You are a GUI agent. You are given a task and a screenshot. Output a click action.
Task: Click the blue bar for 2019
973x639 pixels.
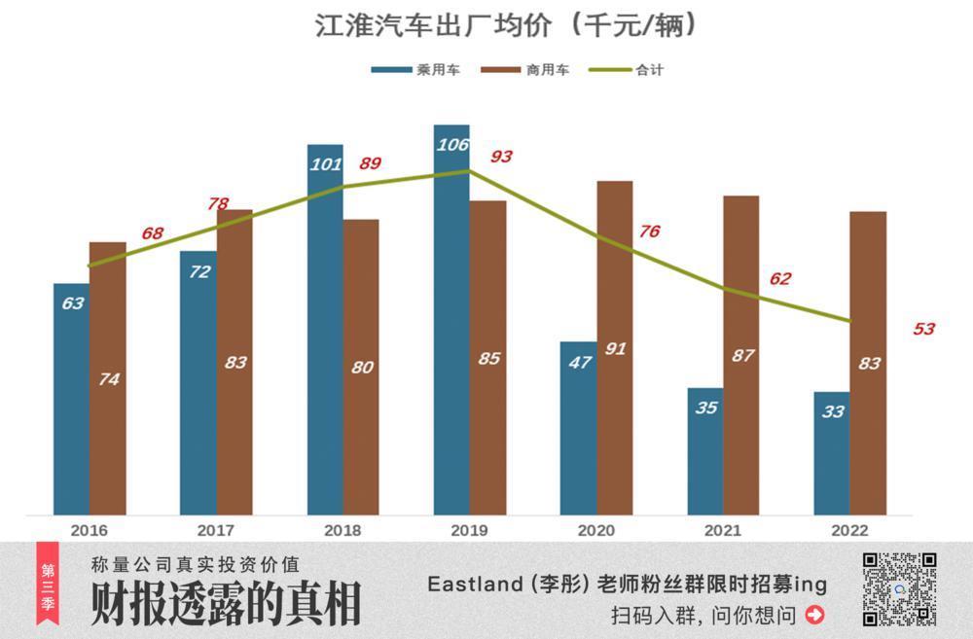451,321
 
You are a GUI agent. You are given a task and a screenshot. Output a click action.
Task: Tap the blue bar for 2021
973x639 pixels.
705,452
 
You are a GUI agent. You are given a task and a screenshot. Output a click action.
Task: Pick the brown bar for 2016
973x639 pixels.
108,379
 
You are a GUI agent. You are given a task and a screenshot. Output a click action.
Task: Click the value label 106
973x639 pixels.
451,145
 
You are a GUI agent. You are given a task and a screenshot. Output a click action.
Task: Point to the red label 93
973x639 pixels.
501,157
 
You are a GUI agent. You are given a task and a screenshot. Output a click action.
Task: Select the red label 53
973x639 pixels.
923,329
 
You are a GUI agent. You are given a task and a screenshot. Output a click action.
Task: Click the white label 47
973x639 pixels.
579,362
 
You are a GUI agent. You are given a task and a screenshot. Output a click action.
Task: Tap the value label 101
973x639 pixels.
325,163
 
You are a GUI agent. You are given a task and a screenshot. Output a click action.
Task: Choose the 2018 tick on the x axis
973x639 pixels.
343,531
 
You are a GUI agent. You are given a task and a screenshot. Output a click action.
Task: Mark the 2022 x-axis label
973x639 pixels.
851,531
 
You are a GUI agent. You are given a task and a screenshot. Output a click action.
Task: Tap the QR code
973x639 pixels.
899,588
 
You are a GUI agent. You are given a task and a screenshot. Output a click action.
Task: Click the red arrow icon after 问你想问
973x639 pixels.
815,615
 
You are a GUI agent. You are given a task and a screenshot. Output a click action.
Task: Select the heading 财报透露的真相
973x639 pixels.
226,604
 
